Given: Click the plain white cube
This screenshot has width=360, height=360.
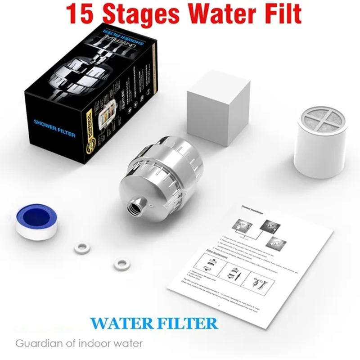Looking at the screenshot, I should coord(218,113).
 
